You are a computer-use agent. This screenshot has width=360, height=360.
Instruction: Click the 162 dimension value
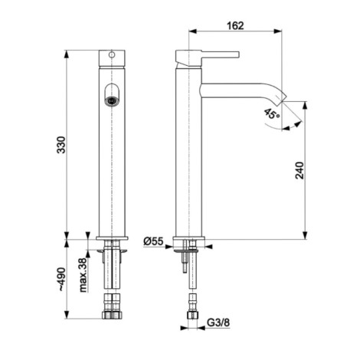click(x=235, y=25)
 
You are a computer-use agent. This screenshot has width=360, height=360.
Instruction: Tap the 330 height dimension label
click(x=61, y=145)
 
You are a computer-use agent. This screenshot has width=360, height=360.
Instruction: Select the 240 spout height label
click(x=299, y=170)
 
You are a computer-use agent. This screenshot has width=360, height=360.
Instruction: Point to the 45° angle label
click(x=272, y=114)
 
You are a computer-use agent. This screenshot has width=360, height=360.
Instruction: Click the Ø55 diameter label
click(x=153, y=241)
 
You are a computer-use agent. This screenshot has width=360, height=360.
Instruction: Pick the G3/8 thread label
click(x=218, y=322)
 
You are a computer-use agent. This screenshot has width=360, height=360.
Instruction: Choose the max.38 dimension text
click(x=83, y=275)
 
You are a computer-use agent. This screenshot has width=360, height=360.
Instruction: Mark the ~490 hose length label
click(x=61, y=279)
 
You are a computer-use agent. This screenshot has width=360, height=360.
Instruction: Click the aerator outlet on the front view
click(x=111, y=100)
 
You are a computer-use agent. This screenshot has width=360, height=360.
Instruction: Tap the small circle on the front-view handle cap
click(x=112, y=54)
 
